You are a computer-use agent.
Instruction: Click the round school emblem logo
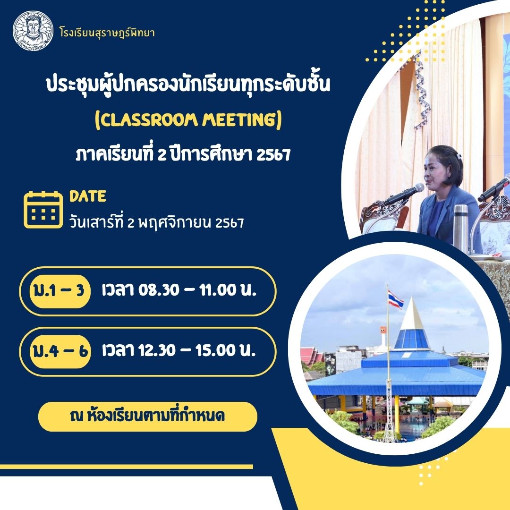33,31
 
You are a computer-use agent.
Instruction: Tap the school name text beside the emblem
107,33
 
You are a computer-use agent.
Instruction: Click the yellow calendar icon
43,210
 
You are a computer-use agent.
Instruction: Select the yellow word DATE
88,196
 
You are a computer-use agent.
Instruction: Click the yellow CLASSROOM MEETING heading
188,120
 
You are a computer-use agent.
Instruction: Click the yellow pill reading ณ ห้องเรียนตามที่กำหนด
148,416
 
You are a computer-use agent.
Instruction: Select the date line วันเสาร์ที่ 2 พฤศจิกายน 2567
156,222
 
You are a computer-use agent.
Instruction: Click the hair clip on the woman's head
459,156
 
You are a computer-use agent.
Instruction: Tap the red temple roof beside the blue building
311,356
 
